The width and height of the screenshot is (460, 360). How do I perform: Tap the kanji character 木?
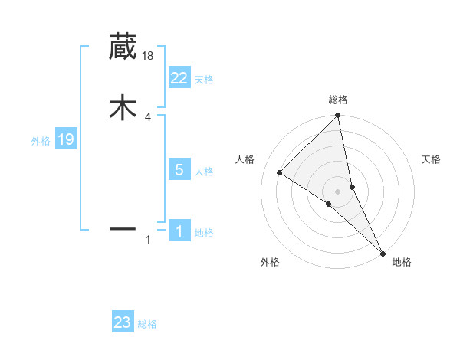123,108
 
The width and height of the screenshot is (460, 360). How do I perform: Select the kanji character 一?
123,228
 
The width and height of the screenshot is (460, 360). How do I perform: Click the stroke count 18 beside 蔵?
149,55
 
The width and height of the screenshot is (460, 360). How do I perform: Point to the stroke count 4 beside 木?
148,117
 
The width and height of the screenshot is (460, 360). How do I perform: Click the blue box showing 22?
179,78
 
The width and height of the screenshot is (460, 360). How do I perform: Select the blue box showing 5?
179,170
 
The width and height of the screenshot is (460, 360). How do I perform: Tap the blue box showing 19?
65,139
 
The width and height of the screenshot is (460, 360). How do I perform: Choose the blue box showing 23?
122,322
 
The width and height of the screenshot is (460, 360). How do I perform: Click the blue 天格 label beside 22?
204,80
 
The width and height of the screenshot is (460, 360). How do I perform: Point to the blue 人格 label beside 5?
204,172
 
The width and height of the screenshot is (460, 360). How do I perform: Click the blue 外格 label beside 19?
41,141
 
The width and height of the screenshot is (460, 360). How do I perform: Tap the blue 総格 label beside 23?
147,324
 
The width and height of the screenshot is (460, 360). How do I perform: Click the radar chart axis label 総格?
338,100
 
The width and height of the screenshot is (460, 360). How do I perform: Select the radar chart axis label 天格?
432,159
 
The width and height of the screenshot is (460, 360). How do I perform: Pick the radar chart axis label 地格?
402,263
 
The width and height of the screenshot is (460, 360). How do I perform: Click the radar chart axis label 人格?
245,159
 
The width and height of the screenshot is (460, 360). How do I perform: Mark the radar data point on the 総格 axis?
338,116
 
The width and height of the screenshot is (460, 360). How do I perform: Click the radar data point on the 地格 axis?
383,252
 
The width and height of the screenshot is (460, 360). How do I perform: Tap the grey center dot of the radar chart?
338,191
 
